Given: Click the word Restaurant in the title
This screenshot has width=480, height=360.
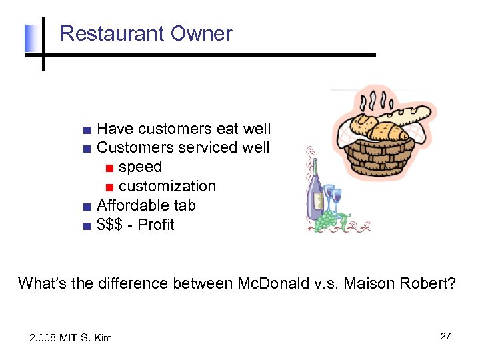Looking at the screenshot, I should tap(109, 33).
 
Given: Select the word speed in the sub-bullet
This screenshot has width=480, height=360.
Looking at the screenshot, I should tap(140, 167).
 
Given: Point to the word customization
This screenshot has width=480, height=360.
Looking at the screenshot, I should tap(167, 186).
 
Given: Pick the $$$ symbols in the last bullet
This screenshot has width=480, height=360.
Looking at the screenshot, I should tap(110, 225).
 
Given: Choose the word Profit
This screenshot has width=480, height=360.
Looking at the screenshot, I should tap(155, 225).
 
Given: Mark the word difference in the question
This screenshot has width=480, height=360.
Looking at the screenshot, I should tap(132, 283).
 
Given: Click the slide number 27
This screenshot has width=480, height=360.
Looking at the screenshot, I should tap(445, 336).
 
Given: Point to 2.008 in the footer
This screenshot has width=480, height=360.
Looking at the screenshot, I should tap(44, 338).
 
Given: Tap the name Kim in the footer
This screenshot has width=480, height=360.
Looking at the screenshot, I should tap(103, 338).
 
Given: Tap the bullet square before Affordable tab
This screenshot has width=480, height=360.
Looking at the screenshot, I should tap(87, 206).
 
